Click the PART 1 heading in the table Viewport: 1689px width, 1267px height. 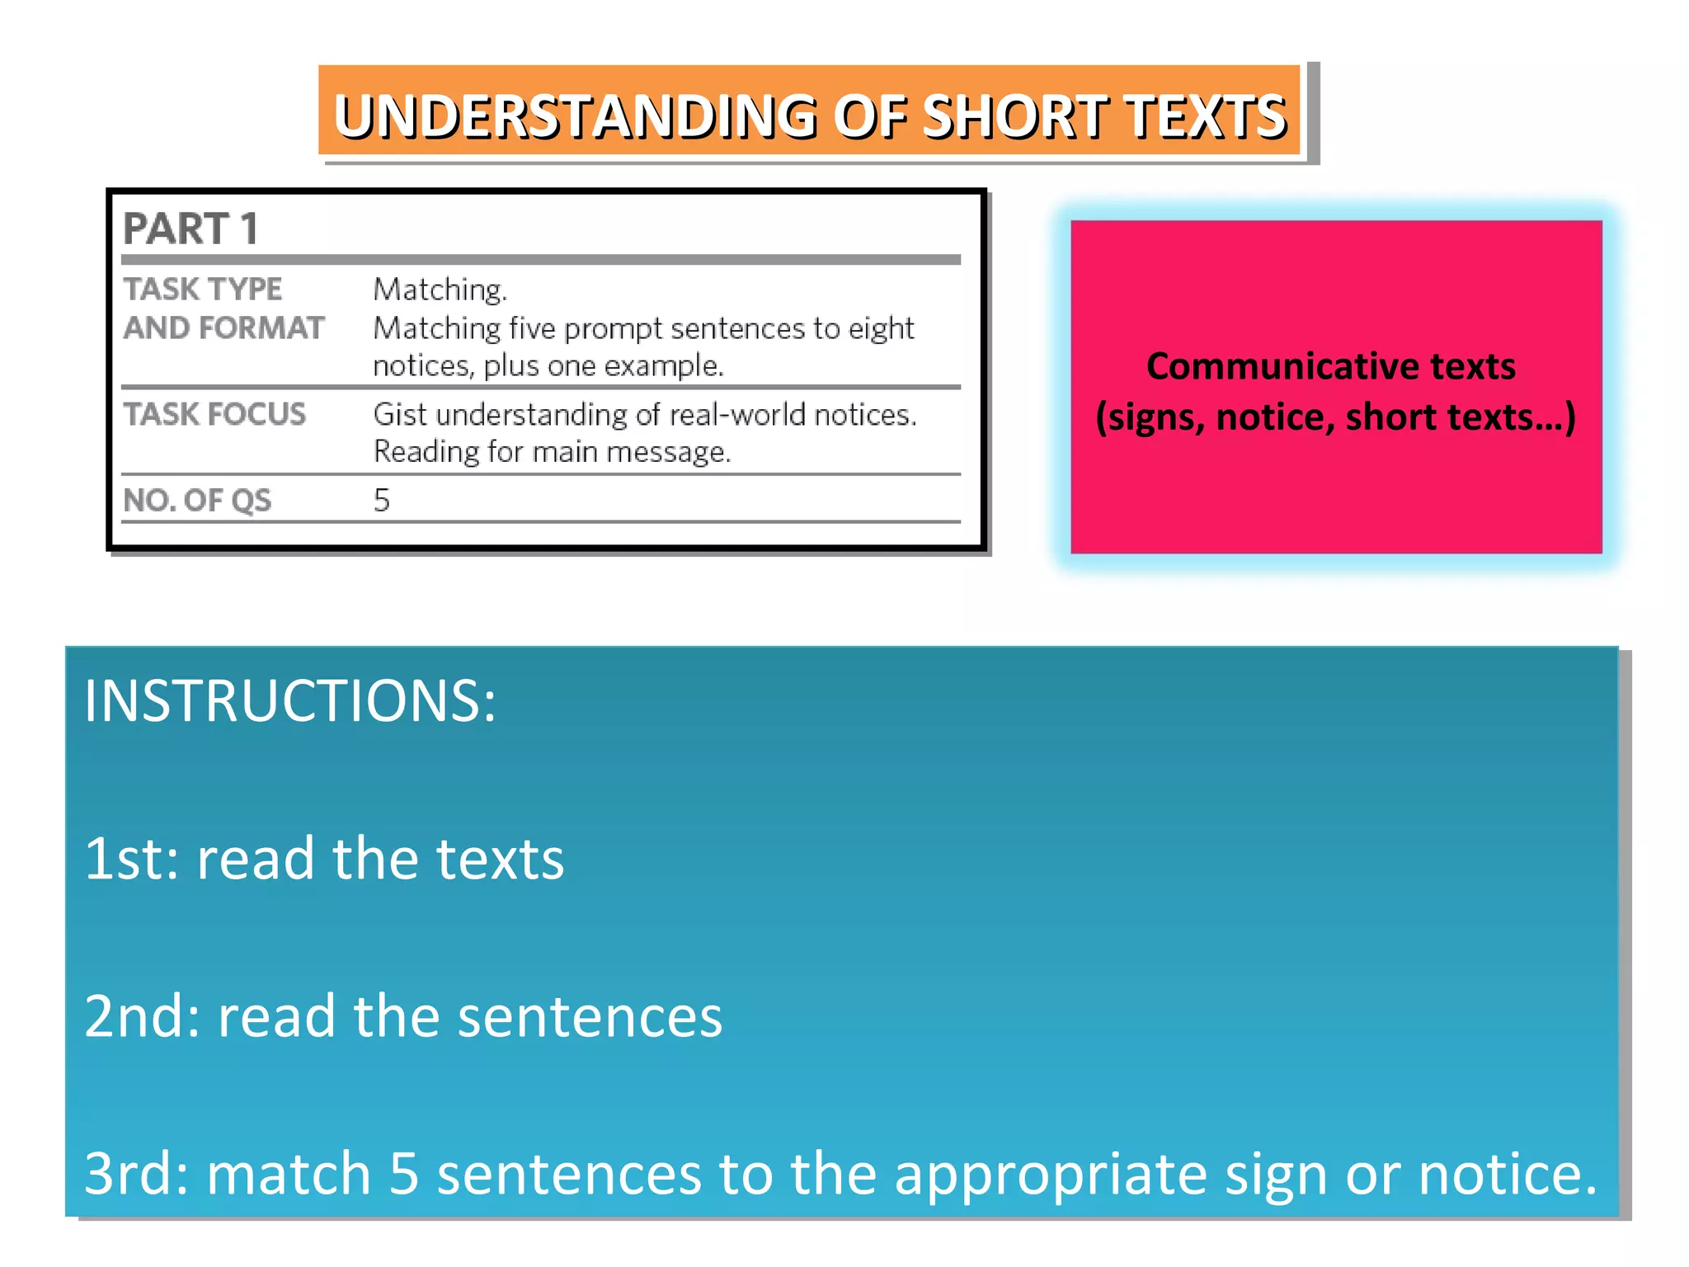click(191, 228)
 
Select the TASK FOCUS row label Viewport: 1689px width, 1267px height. click(214, 414)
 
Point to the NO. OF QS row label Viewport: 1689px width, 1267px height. click(197, 501)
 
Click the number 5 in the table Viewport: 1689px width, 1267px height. click(381, 501)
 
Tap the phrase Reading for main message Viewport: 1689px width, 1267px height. click(552, 452)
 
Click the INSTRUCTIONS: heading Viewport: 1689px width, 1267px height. click(290, 701)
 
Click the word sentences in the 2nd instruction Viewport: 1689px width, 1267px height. click(590, 1016)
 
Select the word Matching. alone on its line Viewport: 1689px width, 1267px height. click(440, 290)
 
